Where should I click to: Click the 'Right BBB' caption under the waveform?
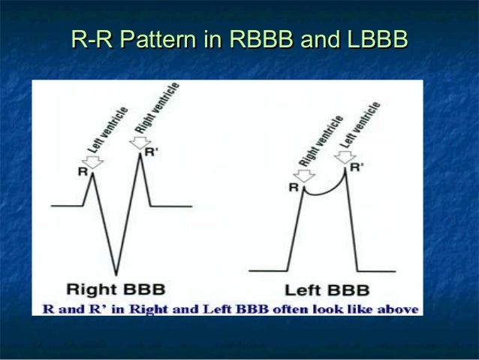pos(116,289)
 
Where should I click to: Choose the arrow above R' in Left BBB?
pos(345,156)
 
